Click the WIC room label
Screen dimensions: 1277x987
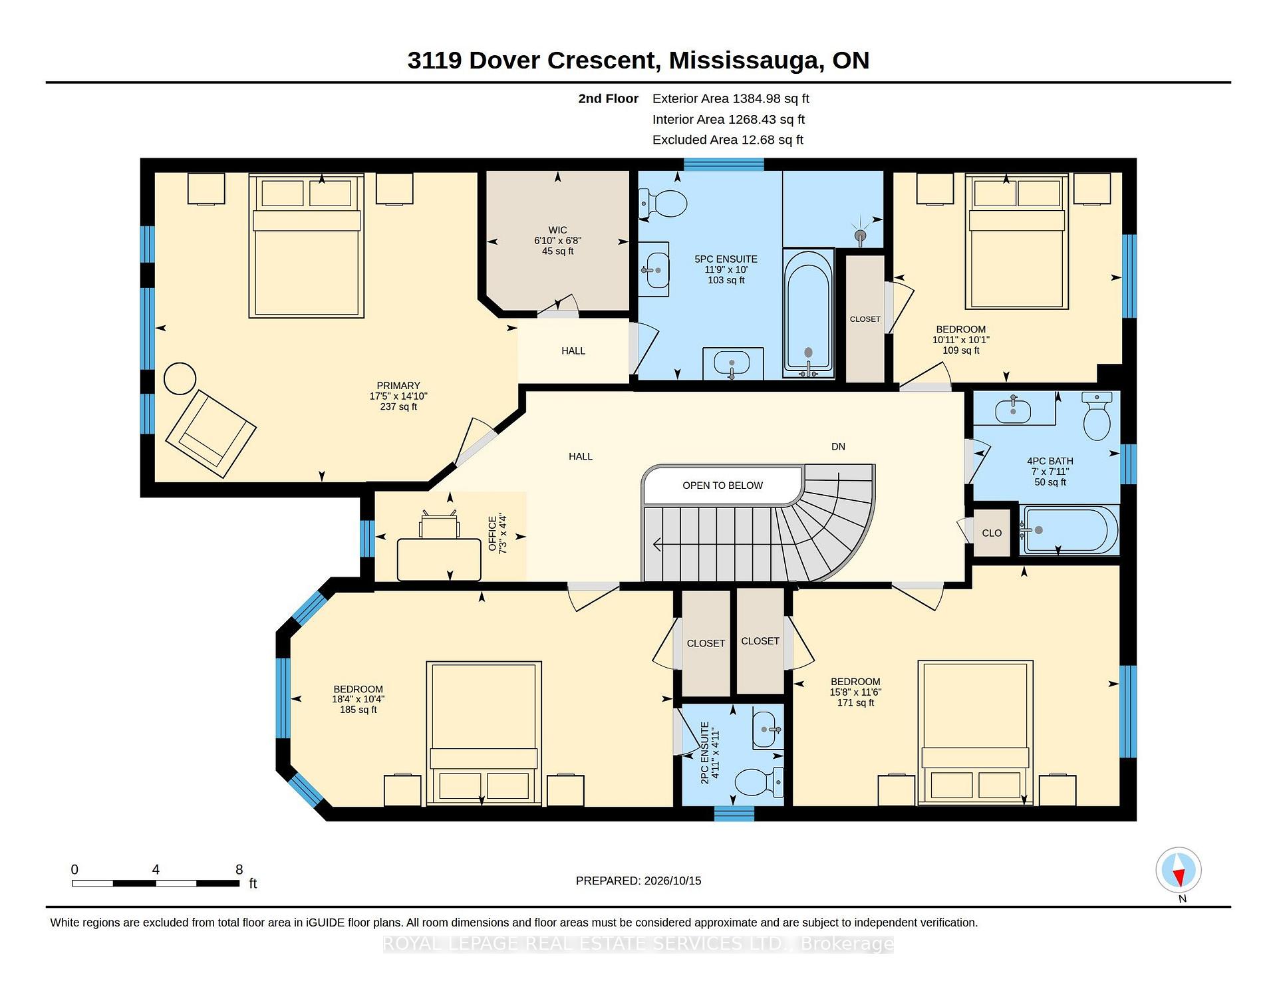[x=557, y=230]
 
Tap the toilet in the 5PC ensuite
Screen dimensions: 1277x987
[x=662, y=204]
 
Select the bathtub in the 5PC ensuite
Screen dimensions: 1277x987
[x=808, y=313]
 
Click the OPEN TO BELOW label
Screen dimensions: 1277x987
[x=722, y=486]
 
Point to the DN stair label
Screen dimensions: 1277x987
[x=838, y=447]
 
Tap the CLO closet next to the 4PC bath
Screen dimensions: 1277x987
[x=992, y=533]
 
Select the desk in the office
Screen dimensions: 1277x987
[x=439, y=559]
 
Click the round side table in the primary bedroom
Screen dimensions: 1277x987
[x=180, y=378]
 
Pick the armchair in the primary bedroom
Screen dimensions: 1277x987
[x=211, y=434]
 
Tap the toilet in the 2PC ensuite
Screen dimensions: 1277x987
[x=760, y=782]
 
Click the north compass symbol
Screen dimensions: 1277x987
[x=1179, y=870]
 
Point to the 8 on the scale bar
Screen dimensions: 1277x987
[x=239, y=869]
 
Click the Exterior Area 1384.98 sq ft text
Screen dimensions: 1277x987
[x=730, y=99]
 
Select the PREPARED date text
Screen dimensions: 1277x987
[x=638, y=881]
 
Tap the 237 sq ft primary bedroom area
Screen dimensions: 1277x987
[x=398, y=407]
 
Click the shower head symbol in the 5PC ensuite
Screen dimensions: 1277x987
[x=861, y=235]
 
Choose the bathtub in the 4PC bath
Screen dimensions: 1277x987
[x=1068, y=530]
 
